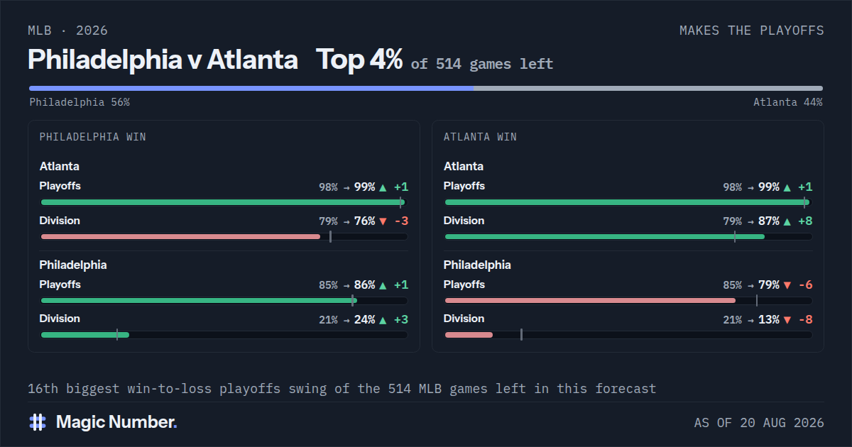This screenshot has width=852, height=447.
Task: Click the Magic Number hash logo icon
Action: click(x=38, y=422)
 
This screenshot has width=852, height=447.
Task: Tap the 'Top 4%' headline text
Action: click(x=359, y=60)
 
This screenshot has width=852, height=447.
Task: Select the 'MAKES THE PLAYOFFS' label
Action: click(x=752, y=31)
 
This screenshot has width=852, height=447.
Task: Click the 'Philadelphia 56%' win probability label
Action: click(x=80, y=102)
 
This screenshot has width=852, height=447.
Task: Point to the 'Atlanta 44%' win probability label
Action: click(x=788, y=102)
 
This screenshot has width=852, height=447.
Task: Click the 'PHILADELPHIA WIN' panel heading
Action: click(x=93, y=137)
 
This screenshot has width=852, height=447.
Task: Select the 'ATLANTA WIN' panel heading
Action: click(x=480, y=137)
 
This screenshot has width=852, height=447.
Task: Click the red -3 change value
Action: click(x=401, y=221)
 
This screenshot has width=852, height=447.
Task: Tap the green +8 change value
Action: click(x=805, y=221)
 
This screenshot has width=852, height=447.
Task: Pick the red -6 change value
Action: click(x=806, y=285)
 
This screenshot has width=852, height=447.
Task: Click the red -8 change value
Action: click(x=806, y=319)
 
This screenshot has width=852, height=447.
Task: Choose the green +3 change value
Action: click(x=401, y=319)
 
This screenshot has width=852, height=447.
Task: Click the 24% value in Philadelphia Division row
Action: click(x=365, y=319)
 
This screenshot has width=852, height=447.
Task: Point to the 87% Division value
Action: click(x=769, y=221)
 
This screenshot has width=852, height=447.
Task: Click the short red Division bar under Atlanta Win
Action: click(x=469, y=335)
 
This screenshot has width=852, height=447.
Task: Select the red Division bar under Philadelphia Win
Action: click(x=180, y=237)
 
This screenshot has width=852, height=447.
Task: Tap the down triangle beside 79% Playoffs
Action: click(x=787, y=285)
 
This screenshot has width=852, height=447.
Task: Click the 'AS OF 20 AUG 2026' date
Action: click(x=759, y=423)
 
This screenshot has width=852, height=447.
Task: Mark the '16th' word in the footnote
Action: click(x=43, y=389)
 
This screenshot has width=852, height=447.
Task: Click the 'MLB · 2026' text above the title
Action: click(x=67, y=31)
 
